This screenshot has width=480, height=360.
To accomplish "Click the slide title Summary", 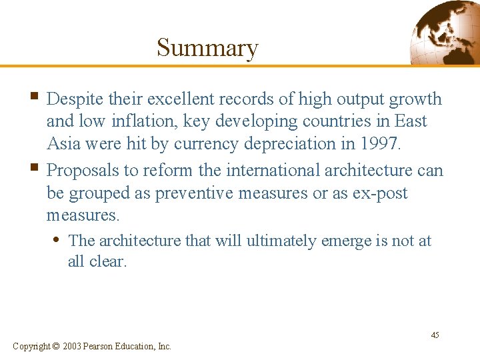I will click(x=207, y=48).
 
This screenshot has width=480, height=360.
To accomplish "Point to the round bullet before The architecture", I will click(x=59, y=239).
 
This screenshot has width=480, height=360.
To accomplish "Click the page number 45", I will click(x=435, y=335).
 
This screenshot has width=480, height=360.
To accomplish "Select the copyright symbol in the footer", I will click(x=55, y=346).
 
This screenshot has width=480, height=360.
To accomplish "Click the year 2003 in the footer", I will click(x=73, y=346).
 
